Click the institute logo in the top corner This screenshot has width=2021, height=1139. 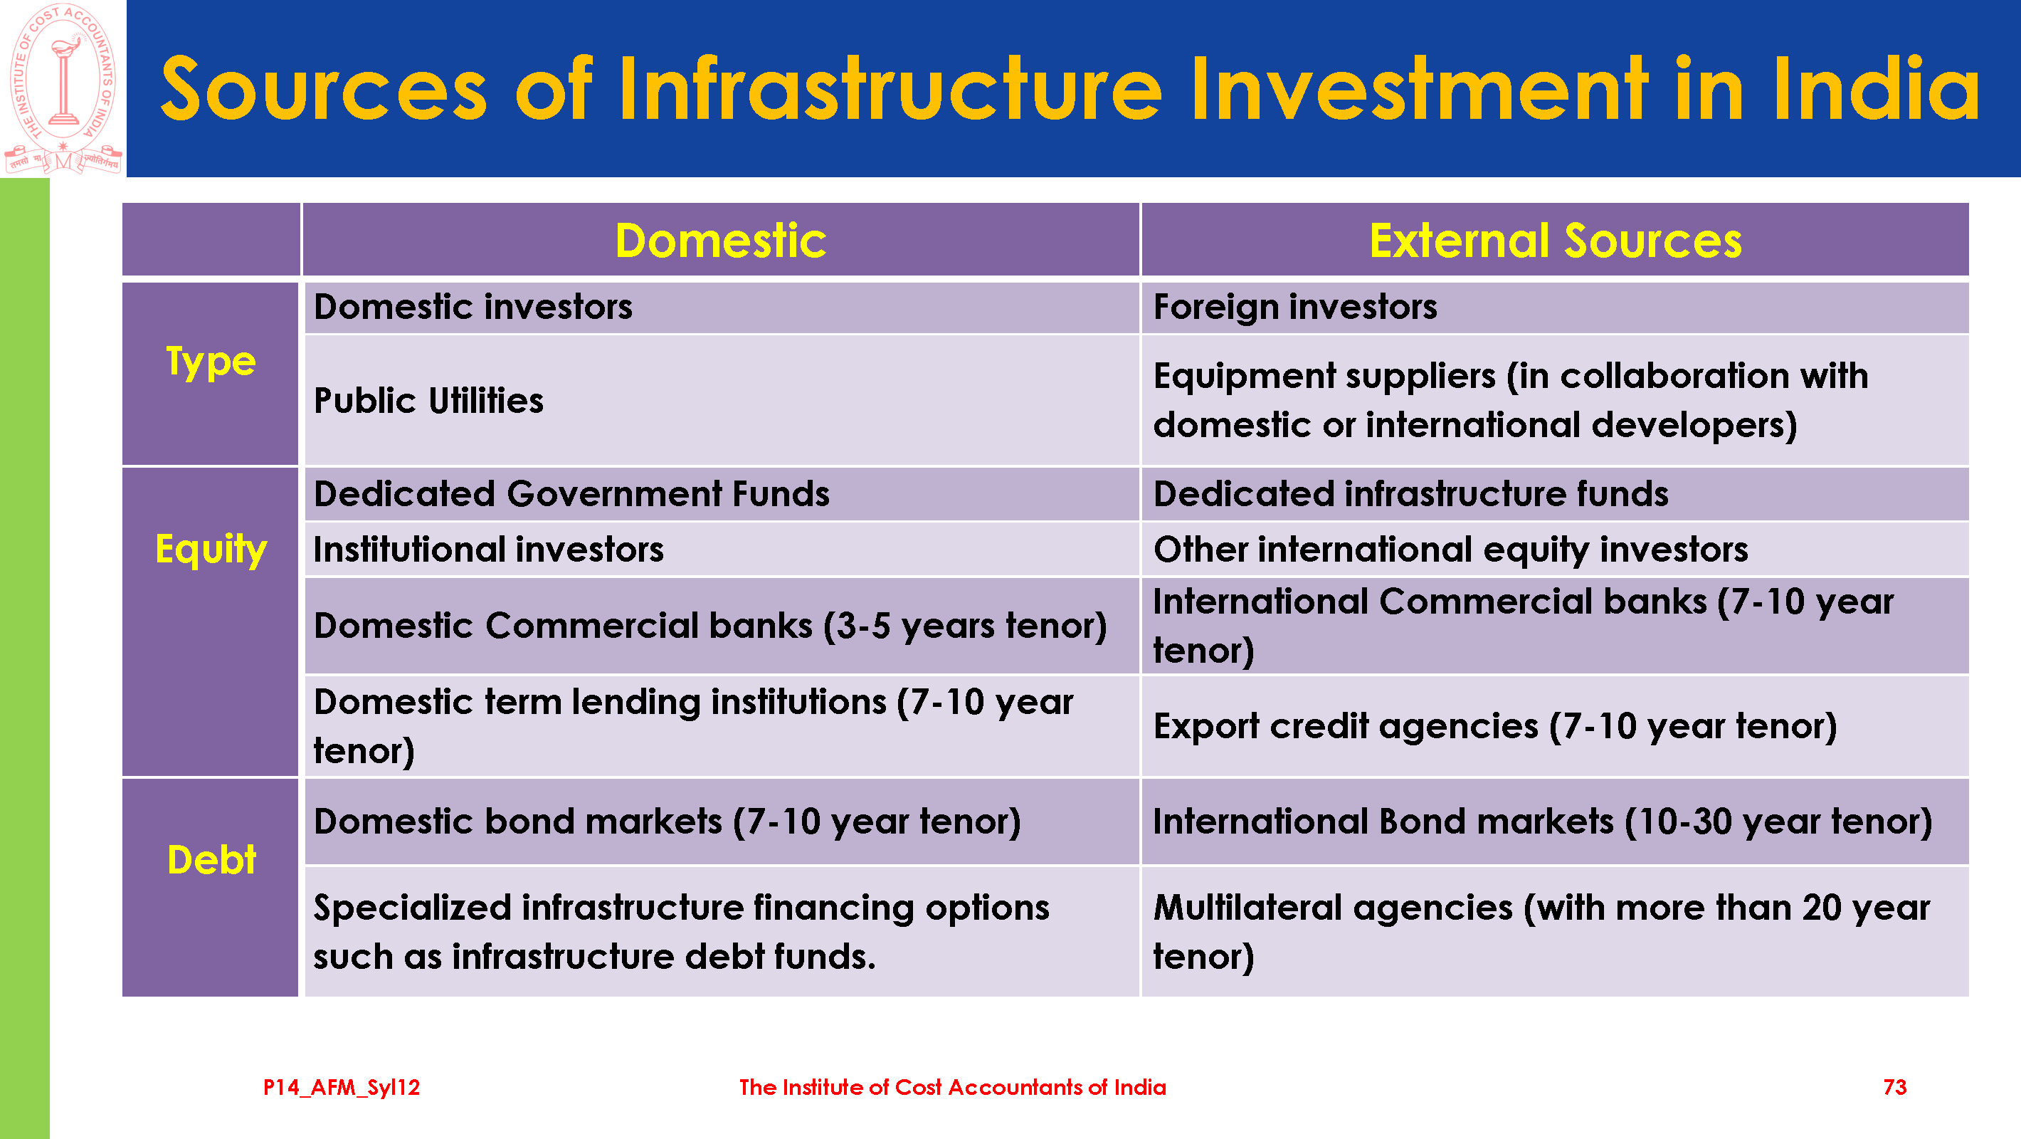click(63, 88)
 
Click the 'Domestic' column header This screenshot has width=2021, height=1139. click(720, 240)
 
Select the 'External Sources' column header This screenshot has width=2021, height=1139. click(1555, 240)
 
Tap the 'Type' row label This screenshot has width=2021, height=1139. click(210, 362)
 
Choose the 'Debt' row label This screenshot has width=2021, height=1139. click(212, 859)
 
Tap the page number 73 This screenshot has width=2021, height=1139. click(1894, 1087)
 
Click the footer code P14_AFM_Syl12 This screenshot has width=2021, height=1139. click(342, 1088)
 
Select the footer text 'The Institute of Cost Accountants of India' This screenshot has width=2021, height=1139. click(952, 1087)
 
